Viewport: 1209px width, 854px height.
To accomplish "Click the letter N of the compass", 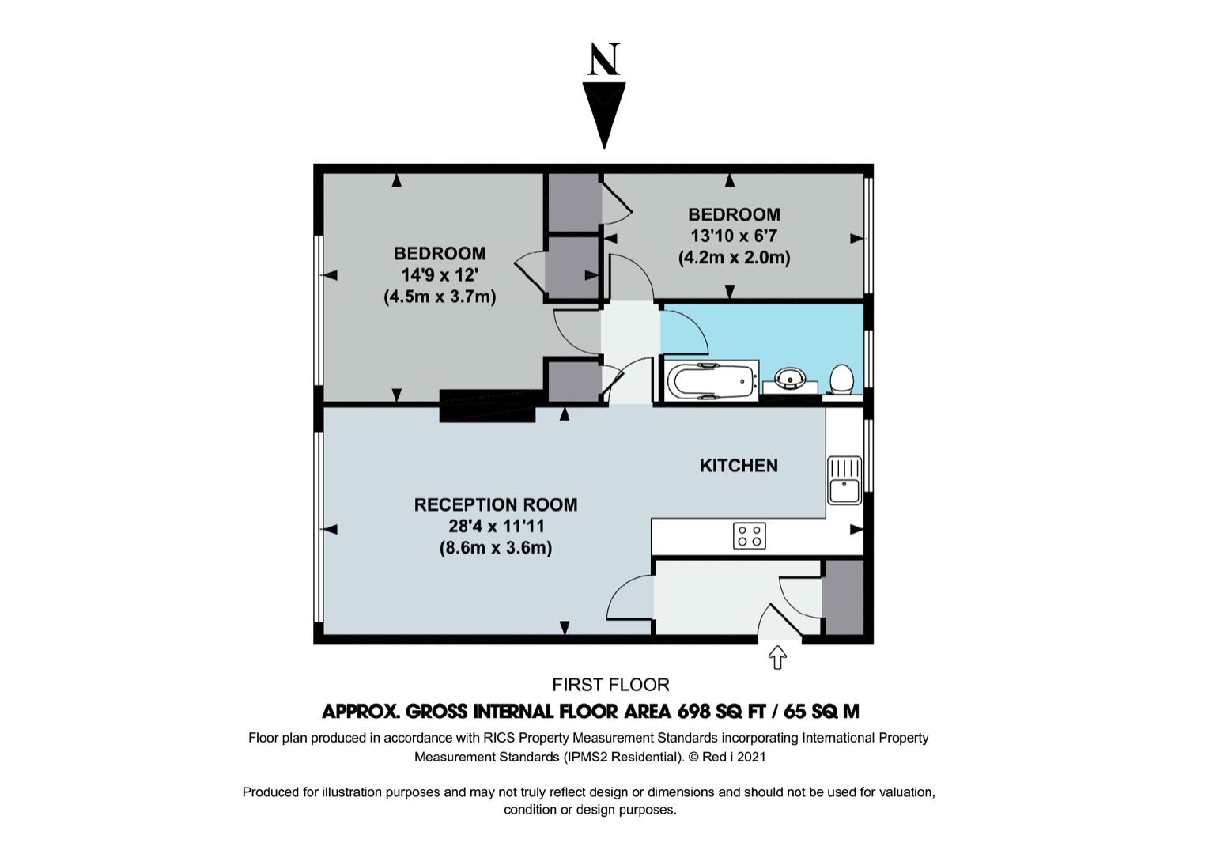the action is [x=604, y=59].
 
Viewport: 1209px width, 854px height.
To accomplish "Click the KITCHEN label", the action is [x=739, y=465].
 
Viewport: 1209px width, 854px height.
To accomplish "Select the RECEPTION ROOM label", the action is [x=496, y=504].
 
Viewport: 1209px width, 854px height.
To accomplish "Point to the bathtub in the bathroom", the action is [x=711, y=381].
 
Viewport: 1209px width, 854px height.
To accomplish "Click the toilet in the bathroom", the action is [x=841, y=380].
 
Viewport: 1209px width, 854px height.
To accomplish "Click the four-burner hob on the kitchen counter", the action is [x=749, y=536].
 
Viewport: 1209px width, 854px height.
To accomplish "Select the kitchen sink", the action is [x=844, y=481].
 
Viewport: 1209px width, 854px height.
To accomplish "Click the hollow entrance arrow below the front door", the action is [x=776, y=658].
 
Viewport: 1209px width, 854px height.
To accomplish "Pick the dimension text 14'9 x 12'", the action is [x=440, y=275].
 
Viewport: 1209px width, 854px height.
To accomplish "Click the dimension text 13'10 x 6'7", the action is [x=734, y=236].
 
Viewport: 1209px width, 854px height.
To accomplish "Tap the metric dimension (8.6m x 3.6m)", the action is [x=496, y=549].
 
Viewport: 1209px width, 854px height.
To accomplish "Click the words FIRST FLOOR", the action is [x=610, y=685].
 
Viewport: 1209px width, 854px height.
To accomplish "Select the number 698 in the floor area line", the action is [x=693, y=712].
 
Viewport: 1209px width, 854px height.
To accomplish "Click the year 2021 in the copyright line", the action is [x=750, y=757].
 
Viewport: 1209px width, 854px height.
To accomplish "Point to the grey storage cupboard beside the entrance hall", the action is [x=843, y=598].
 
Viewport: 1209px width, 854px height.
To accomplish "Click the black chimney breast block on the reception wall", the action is [x=487, y=406].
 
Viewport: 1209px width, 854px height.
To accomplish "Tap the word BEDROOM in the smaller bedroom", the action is [x=734, y=215].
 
